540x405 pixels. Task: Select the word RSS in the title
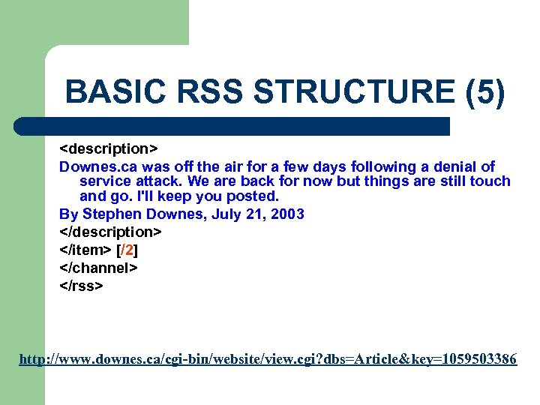pyautogui.click(x=211, y=93)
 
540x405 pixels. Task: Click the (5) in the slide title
pyautogui.click(x=485, y=93)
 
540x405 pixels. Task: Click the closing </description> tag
pyautogui.click(x=111, y=231)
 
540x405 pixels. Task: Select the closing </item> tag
pyautogui.click(x=85, y=249)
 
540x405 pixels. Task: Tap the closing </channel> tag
pyautogui.click(x=99, y=267)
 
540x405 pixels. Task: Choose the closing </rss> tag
pyautogui.click(x=82, y=285)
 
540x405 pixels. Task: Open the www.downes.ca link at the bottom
pyautogui.click(x=268, y=360)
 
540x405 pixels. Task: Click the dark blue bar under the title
pyautogui.click(x=232, y=125)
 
